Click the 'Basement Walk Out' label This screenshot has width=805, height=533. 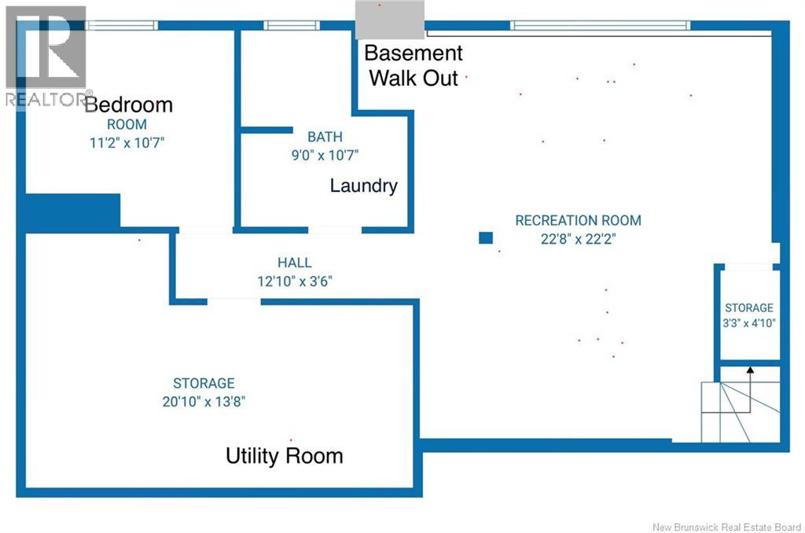(414, 65)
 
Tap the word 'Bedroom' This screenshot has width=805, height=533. (129, 105)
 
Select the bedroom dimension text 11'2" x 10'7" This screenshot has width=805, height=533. (127, 143)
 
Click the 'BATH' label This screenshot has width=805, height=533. (325, 137)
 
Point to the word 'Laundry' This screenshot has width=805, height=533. (363, 186)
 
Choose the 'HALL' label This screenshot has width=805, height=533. (295, 263)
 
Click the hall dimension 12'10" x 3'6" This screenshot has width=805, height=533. (295, 281)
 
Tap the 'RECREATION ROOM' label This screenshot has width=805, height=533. (578, 221)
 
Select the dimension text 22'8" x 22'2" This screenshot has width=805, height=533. (578, 239)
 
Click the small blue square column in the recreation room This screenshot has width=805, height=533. (486, 237)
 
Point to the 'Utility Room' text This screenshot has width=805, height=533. (285, 456)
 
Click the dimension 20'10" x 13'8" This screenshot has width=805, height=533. (204, 402)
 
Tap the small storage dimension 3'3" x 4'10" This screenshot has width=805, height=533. (749, 324)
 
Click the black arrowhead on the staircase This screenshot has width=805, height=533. (750, 369)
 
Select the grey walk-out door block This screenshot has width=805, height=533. (390, 20)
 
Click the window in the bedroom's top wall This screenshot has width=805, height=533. (122, 25)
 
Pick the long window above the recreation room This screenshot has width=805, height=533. (600, 25)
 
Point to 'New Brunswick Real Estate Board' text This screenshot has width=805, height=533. (726, 527)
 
